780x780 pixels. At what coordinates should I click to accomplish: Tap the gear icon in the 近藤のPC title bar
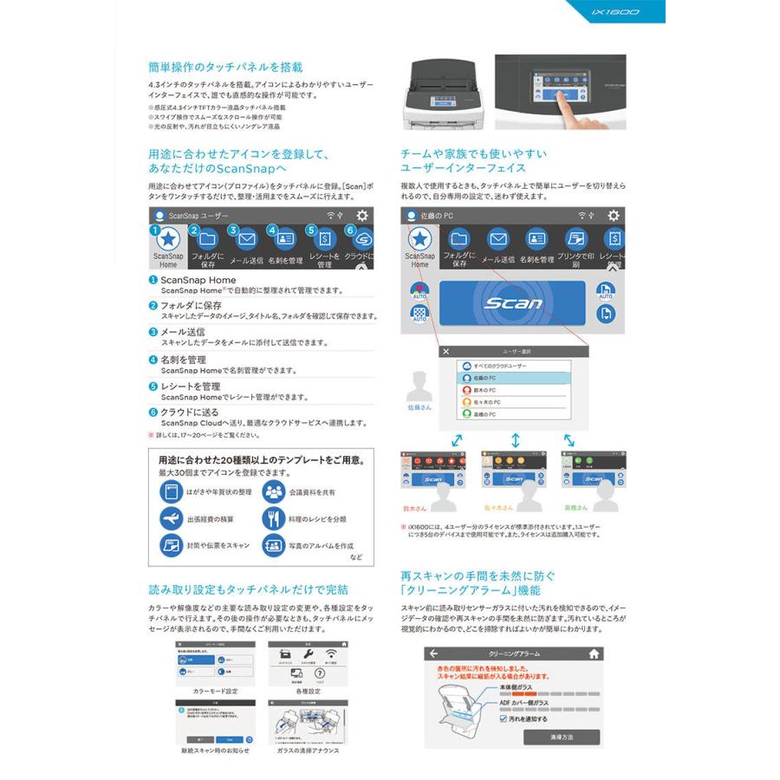pyautogui.click(x=614, y=215)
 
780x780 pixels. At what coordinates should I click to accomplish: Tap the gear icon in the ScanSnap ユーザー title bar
pyautogui.click(x=361, y=215)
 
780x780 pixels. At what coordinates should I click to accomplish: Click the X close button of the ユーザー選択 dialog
pyautogui.click(x=445, y=352)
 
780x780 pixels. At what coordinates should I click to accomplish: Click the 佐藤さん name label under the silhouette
pyautogui.click(x=419, y=406)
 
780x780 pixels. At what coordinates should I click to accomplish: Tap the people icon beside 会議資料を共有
pyautogui.click(x=274, y=491)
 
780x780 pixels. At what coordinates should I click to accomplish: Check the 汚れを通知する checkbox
pyautogui.click(x=504, y=718)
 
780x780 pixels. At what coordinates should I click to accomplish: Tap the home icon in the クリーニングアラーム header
pyautogui.click(x=594, y=654)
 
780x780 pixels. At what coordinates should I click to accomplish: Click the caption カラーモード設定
pyautogui.click(x=204, y=690)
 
